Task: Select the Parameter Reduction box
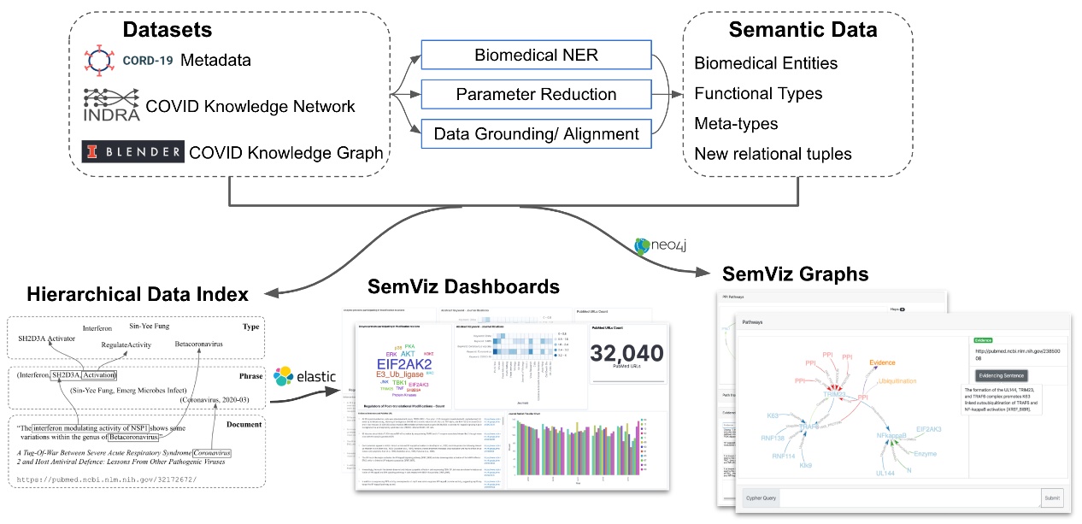pyautogui.click(x=536, y=95)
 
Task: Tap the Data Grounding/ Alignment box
pyautogui.click(x=536, y=133)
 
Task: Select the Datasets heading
pyautogui.click(x=168, y=30)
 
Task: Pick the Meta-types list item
pyautogui.click(x=736, y=124)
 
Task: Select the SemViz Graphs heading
pyautogui.click(x=795, y=274)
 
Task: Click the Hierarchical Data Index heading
pyautogui.click(x=137, y=295)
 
